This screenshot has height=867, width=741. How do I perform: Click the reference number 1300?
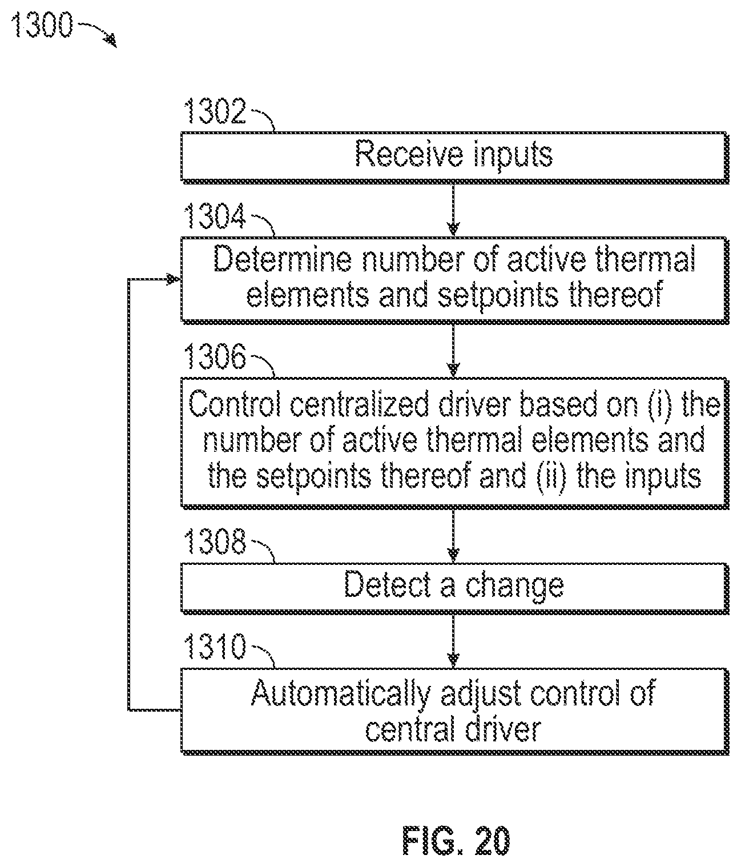pyautogui.click(x=42, y=25)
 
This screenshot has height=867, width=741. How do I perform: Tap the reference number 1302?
pyautogui.click(x=215, y=111)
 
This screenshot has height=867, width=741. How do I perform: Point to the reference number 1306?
pyautogui.click(x=215, y=356)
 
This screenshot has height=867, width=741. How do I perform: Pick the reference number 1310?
pyautogui.click(x=215, y=647)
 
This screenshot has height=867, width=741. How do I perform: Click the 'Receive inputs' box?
pyautogui.click(x=454, y=158)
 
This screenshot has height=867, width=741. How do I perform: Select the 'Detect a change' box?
pyautogui.click(x=454, y=588)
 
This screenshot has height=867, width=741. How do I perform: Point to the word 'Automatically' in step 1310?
pyautogui.click(x=341, y=695)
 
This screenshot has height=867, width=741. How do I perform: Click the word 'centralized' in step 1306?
pyautogui.click(x=360, y=404)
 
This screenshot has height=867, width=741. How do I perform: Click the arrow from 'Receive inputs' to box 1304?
pyautogui.click(x=453, y=210)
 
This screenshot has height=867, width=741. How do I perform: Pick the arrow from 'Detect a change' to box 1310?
pyautogui.click(x=453, y=641)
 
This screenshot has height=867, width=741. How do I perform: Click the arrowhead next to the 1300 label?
pyautogui.click(x=111, y=41)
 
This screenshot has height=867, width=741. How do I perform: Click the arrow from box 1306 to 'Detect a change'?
pyautogui.click(x=453, y=536)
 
